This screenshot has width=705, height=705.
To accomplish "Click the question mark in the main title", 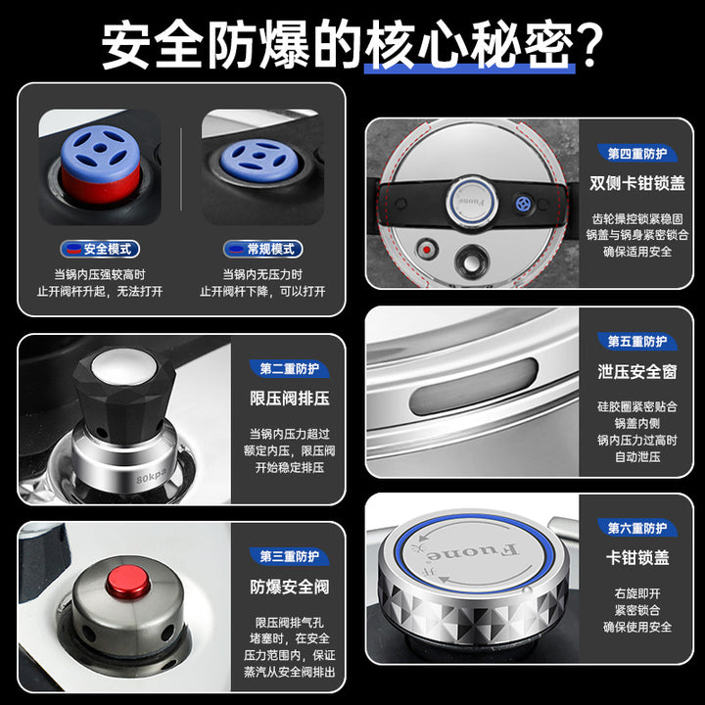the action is [588, 44].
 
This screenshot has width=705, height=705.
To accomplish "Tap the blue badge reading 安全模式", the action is [100, 249].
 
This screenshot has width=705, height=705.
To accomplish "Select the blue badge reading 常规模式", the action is [263, 249].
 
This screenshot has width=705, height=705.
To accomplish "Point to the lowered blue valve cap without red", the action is [259, 160].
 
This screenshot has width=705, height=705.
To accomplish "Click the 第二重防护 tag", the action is [289, 369].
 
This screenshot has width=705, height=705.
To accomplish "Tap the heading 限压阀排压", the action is [290, 399].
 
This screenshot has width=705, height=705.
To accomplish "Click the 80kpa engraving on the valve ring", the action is [152, 476].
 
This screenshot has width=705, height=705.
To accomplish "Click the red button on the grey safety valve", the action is [128, 582].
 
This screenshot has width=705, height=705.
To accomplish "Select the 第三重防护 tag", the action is [289, 556].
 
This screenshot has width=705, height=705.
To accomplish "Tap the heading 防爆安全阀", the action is [290, 587].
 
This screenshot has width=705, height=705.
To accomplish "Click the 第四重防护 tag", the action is [637, 154].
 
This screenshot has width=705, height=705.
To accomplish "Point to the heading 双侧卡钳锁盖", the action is [637, 183].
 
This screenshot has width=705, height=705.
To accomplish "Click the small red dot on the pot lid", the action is [427, 249].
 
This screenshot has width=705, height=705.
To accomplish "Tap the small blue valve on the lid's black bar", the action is [523, 204].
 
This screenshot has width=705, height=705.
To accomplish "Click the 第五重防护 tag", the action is [637, 342].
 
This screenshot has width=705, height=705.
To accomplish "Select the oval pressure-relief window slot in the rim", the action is [474, 387].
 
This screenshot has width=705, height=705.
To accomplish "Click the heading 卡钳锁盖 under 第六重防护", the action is [637, 557].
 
